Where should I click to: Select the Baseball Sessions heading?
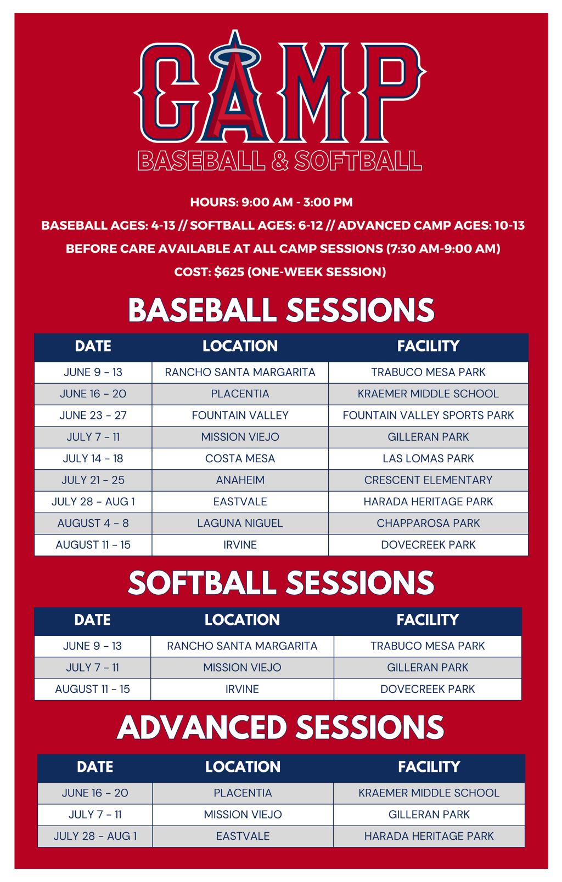281,310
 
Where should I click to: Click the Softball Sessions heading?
281,583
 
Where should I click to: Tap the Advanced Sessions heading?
280,727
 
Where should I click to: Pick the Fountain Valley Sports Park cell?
428,416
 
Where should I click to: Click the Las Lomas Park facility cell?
428,459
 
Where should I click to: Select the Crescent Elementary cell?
428,480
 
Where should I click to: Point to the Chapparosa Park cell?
428,523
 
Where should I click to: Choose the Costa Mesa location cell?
240,459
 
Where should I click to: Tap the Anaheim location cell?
240,480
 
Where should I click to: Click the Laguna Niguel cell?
240,523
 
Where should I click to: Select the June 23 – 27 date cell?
93,416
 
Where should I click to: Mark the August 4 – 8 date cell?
93,523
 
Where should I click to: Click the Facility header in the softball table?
428,620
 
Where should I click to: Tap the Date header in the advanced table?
95,767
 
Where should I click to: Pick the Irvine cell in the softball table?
242,689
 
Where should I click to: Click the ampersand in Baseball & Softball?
280,161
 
